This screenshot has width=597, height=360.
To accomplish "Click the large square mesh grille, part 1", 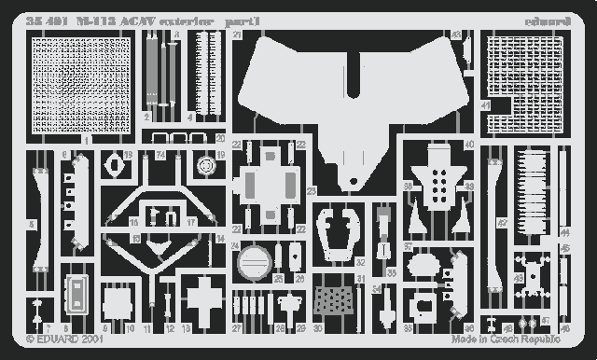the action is (81, 85).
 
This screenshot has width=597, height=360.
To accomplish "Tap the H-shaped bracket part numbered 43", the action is (533, 275).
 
